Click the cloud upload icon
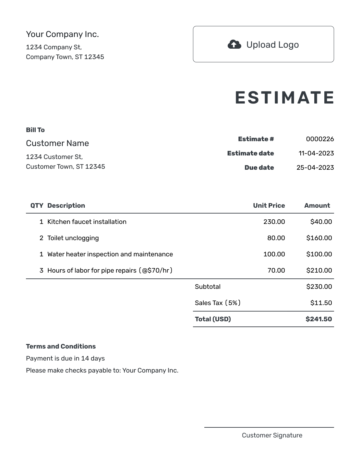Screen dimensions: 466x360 (x=234, y=44)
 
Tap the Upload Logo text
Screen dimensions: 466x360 (x=272, y=45)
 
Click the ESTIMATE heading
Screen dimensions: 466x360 (x=284, y=98)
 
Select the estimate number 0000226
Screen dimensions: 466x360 (x=320, y=139)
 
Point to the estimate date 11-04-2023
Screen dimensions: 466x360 (x=316, y=153)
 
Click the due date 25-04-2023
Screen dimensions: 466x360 (x=315, y=168)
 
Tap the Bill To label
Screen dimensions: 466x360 (x=35, y=130)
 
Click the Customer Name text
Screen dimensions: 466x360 (x=57, y=143)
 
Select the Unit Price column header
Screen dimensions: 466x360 (x=269, y=206)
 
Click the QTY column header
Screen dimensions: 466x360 (x=37, y=206)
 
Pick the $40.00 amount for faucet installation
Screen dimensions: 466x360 (x=321, y=222)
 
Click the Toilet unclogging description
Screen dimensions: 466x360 (x=73, y=238)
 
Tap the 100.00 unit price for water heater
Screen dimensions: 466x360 (x=274, y=254)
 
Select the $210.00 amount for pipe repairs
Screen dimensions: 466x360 (x=319, y=271)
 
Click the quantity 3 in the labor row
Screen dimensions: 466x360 (x=41, y=271)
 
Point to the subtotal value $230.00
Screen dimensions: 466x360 (x=319, y=287)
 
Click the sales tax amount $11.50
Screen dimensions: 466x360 (x=321, y=303)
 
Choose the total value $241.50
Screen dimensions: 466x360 (x=319, y=319)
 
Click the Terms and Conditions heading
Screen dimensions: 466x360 (x=61, y=347)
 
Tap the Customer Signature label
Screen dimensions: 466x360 (x=272, y=435)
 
